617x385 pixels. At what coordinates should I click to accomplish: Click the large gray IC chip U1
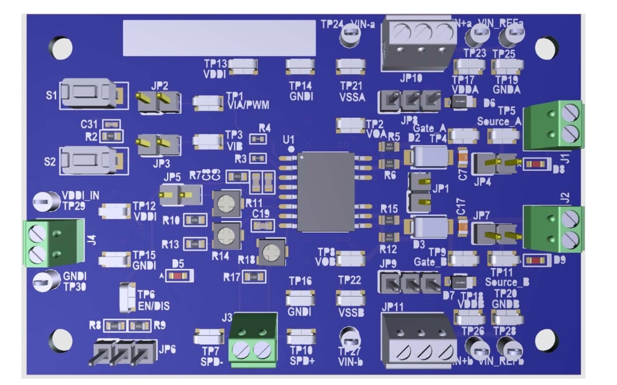(326, 191)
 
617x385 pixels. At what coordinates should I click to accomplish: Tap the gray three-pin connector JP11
(418, 339)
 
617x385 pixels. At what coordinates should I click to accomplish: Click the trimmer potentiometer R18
(269, 253)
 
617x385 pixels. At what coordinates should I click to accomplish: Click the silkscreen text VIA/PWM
(248, 105)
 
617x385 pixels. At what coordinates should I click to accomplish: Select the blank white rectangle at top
(220, 38)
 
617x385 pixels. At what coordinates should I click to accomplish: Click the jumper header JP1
(420, 193)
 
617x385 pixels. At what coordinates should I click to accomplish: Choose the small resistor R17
(253, 278)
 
